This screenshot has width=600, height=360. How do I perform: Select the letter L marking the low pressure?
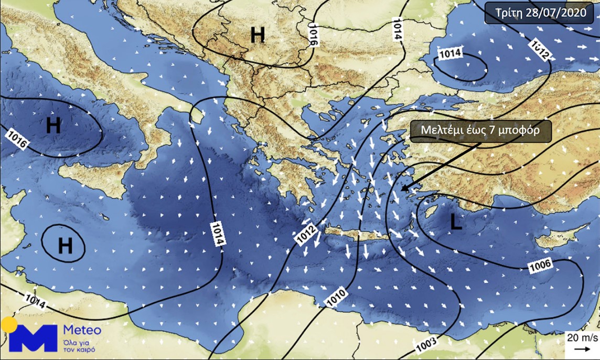pyautogui.click(x=456, y=223)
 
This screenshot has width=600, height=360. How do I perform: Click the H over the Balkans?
pyautogui.click(x=258, y=35)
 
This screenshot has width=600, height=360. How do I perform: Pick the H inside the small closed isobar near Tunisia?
pyautogui.click(x=65, y=245)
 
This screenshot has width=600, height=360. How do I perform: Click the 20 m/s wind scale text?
pyautogui.click(x=580, y=337)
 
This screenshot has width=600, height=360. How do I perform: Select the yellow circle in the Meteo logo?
pyautogui.click(x=9, y=325)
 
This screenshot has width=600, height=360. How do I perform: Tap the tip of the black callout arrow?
pyautogui.click(x=401, y=190)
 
